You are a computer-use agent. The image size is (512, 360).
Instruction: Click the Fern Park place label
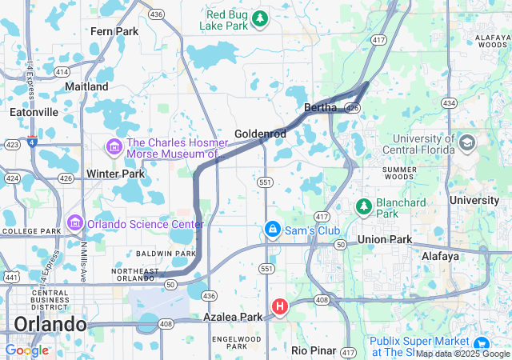click(x=114, y=31)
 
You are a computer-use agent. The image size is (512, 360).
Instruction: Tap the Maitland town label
click(x=86, y=86)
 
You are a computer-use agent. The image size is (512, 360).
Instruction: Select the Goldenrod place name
click(x=260, y=134)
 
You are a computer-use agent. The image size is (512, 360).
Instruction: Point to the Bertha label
click(x=321, y=107)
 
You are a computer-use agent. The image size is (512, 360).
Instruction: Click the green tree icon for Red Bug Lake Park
click(x=259, y=18)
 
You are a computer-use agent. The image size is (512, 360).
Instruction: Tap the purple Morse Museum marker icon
click(x=113, y=147)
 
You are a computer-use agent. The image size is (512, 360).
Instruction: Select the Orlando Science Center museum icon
click(x=76, y=222)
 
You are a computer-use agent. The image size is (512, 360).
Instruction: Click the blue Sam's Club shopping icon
click(x=273, y=230)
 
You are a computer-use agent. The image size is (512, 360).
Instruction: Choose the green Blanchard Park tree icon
click(x=363, y=206)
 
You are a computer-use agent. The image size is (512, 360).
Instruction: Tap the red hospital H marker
click(x=280, y=306)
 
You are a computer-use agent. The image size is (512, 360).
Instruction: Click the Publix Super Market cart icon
click(x=483, y=342)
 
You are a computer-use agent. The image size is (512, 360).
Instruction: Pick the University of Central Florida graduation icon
click(x=466, y=144)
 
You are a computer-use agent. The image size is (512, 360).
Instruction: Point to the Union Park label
click(x=384, y=240)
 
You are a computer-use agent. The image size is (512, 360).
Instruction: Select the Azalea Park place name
click(x=233, y=318)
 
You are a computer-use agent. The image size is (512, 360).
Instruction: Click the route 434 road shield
click(x=450, y=103)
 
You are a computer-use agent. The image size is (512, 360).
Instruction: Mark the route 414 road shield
click(x=62, y=71)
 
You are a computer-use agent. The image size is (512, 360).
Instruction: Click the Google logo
click(x=26, y=350)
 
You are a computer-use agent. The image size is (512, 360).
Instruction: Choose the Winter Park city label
click(x=115, y=174)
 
